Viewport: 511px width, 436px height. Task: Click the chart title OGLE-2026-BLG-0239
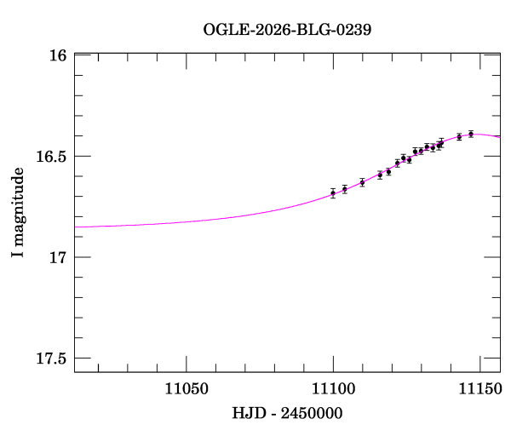(287, 29)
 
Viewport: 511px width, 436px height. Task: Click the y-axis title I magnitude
(18, 212)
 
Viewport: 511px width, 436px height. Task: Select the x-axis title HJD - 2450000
(287, 413)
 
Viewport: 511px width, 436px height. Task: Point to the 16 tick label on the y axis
(58, 55)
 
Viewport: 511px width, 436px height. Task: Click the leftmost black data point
(333, 193)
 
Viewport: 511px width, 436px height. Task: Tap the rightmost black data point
(471, 134)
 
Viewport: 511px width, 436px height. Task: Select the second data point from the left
(345, 189)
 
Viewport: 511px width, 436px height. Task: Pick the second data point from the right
(459, 136)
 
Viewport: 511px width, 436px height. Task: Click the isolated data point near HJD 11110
(362, 182)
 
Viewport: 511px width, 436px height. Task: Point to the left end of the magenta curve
(75, 227)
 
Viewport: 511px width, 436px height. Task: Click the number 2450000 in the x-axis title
(312, 413)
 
